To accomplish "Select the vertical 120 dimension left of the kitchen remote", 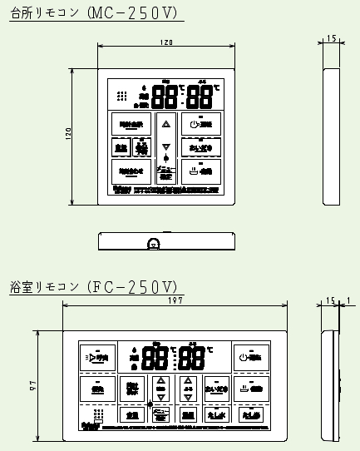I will click(70, 134).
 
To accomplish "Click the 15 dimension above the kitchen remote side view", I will click(330, 39).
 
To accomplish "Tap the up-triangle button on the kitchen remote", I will click(165, 124).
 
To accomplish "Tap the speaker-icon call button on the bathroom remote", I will click(98, 357).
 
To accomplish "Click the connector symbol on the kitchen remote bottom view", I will click(153, 244).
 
